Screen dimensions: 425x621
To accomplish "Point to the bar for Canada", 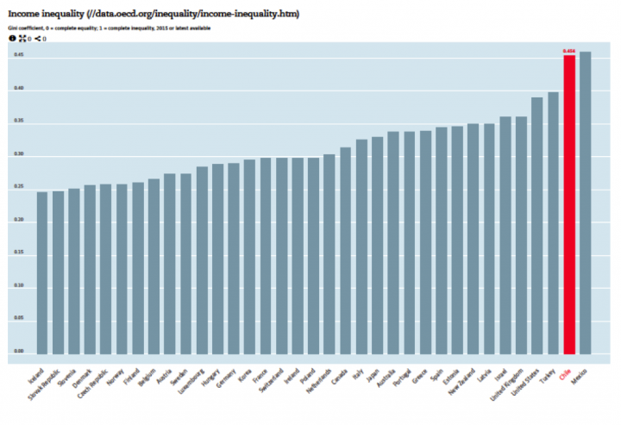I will [x=345, y=250].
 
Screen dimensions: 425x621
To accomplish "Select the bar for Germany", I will [x=234, y=258].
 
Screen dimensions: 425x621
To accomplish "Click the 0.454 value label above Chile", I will [x=569, y=52].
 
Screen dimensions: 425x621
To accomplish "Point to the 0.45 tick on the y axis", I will [x=19, y=55].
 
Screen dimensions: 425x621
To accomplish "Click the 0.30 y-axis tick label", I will [x=19, y=155].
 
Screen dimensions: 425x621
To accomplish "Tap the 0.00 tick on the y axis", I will [x=19, y=352].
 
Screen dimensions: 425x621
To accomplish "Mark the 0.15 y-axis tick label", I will [x=19, y=253].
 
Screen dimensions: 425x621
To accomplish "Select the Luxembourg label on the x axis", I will [x=193, y=382].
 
